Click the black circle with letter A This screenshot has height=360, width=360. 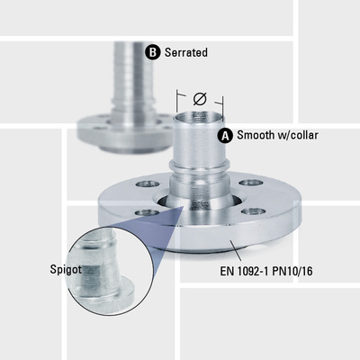(226, 136)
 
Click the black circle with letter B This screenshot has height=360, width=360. (152, 52)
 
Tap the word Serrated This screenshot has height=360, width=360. (185, 52)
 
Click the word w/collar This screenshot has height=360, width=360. (301, 136)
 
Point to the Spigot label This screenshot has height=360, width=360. (67, 268)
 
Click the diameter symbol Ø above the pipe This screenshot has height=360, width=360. (200, 98)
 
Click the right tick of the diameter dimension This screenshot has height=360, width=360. (223, 100)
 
